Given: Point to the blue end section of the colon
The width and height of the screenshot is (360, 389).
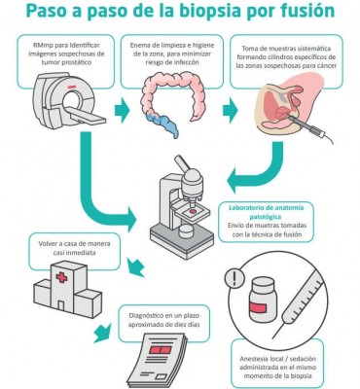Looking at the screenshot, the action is [x=162, y=124].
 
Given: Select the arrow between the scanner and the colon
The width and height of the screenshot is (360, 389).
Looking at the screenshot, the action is [x=123, y=110].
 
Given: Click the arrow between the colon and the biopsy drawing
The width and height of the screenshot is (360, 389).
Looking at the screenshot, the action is [x=231, y=110].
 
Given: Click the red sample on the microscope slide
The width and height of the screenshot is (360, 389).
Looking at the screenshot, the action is [x=193, y=211].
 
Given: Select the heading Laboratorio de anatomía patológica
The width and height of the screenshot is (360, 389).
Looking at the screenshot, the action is [x=266, y=212].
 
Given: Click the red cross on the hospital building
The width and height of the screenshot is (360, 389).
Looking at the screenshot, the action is [x=61, y=277].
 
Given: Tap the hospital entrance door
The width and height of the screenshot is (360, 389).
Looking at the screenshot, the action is [x=60, y=305].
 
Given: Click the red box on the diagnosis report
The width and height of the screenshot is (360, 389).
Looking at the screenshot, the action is [x=161, y=350].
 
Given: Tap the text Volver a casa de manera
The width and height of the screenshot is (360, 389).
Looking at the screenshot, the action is [x=74, y=244].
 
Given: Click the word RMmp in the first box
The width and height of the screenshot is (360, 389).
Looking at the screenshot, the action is [x=42, y=45].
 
